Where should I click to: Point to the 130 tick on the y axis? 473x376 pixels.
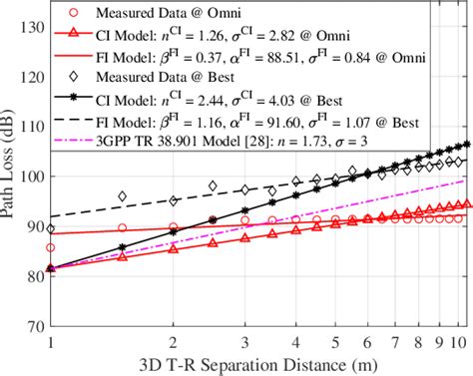[32, 26]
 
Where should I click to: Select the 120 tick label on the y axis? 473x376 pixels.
[32, 77]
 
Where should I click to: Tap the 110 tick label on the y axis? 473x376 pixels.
[32, 127]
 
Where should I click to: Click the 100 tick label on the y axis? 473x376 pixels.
[32, 177]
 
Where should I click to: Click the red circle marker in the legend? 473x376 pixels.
[76, 13]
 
